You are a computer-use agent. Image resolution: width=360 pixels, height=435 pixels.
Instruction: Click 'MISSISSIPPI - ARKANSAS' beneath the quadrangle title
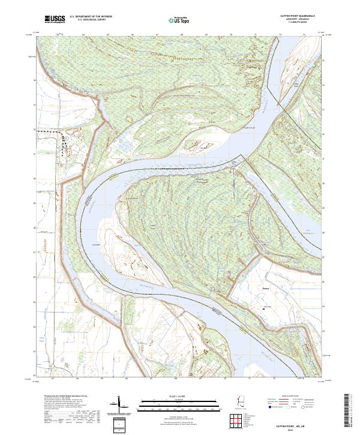pyautogui.click(x=296, y=20)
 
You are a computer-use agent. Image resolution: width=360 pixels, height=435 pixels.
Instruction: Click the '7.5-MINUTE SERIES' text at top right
pyautogui.click(x=296, y=23)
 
